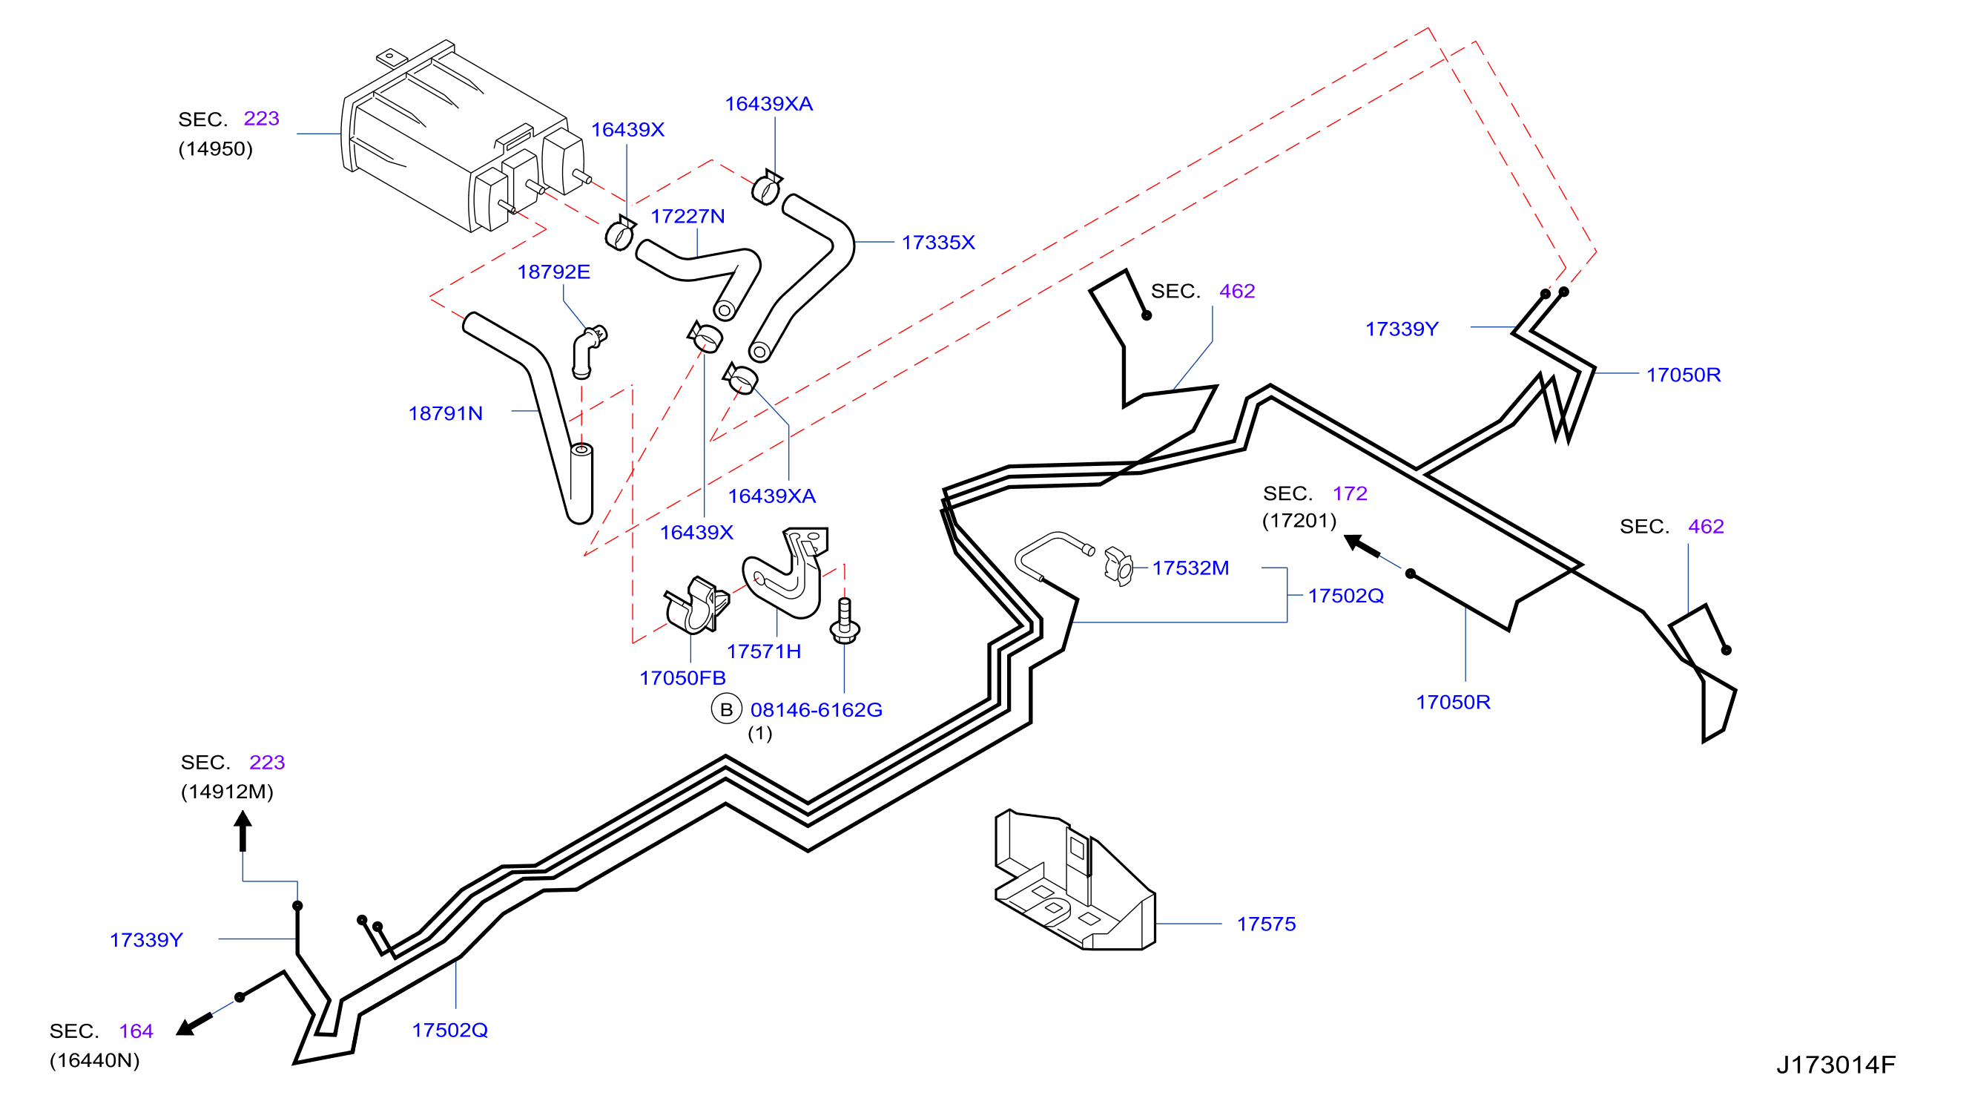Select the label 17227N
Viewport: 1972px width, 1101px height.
pyautogui.click(x=687, y=217)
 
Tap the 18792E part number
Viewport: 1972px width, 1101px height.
pyautogui.click(x=553, y=272)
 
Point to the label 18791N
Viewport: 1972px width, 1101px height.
pyautogui.click(x=445, y=413)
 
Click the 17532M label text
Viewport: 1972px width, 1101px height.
pyautogui.click(x=1190, y=568)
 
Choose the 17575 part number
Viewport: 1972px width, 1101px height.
pyautogui.click(x=1265, y=924)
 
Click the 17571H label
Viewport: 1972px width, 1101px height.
pyautogui.click(x=763, y=651)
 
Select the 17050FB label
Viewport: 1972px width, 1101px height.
pyautogui.click(x=682, y=678)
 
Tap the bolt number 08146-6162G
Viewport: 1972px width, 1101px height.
pyautogui.click(x=815, y=710)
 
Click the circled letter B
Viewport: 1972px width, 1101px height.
pyautogui.click(x=726, y=709)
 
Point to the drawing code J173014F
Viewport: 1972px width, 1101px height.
pyautogui.click(x=1835, y=1065)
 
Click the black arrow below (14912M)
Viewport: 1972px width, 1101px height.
pyautogui.click(x=243, y=832)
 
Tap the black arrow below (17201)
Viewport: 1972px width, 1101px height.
pyautogui.click(x=1362, y=545)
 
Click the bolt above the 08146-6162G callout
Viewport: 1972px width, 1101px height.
pyautogui.click(x=845, y=621)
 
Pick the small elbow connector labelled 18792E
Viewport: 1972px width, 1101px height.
pyautogui.click(x=587, y=351)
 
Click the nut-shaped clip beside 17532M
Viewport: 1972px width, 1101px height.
pyautogui.click(x=1118, y=568)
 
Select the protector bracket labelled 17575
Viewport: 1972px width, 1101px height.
pyautogui.click(x=1074, y=881)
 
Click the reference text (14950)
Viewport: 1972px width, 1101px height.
pyautogui.click(x=215, y=148)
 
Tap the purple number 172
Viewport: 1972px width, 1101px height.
pyautogui.click(x=1350, y=493)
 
